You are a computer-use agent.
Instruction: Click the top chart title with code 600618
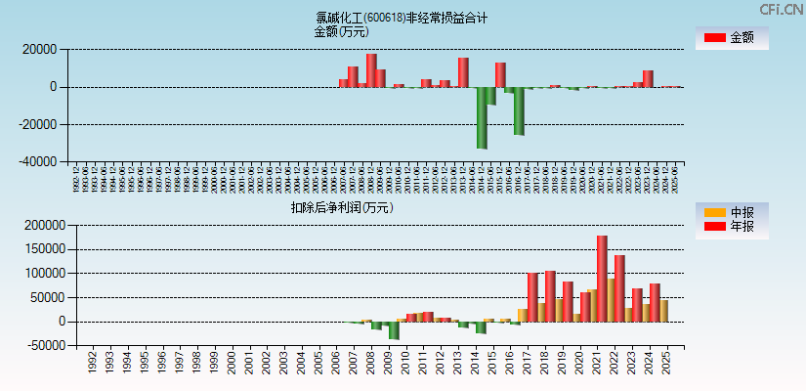point(402,18)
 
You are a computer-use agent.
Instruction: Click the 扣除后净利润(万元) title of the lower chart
point(342,207)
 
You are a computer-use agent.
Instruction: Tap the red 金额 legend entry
point(731,38)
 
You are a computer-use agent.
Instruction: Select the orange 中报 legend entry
point(731,212)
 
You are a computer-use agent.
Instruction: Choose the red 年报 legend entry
point(731,227)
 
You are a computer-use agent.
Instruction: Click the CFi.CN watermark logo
point(781,9)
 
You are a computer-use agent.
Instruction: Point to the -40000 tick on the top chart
point(42,162)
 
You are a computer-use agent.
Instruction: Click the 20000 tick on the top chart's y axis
point(44,49)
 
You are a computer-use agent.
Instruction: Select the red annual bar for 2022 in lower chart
point(619,287)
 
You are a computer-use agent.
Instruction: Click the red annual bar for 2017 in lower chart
point(532,296)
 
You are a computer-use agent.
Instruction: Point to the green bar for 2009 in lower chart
point(394,330)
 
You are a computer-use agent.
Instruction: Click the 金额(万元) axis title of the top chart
point(341,31)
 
